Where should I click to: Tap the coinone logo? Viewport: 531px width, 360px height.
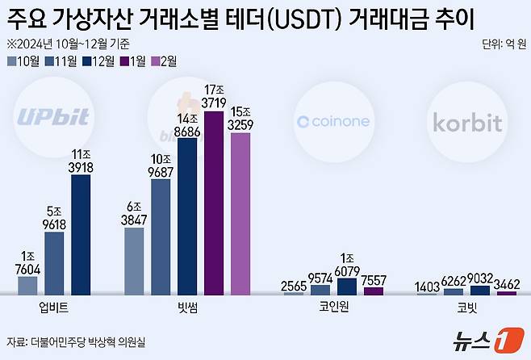(333, 121)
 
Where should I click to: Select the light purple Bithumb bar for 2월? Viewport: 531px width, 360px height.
(240, 214)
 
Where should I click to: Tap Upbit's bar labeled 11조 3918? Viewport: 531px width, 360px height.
(81, 234)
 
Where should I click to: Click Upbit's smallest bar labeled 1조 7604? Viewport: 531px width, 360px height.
(27, 286)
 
